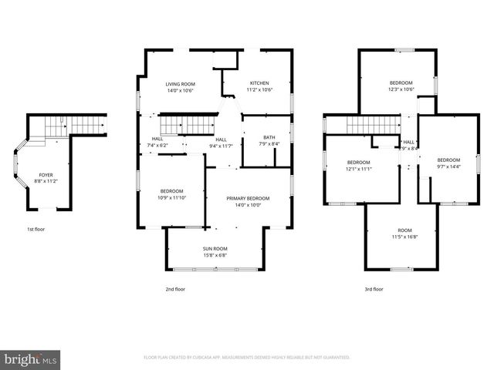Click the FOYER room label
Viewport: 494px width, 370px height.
click(46, 175)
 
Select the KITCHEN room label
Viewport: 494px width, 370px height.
click(259, 83)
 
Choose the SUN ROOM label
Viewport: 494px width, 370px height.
click(215, 248)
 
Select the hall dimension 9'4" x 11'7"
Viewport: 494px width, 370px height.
click(221, 145)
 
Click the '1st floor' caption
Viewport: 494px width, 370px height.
click(36, 229)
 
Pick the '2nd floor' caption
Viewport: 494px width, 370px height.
click(174, 289)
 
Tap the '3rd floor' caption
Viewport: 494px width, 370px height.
click(374, 289)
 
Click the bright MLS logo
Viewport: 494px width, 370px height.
click(31, 358)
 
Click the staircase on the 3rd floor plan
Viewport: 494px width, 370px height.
click(370, 125)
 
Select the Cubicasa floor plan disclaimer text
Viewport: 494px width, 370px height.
click(246, 358)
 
